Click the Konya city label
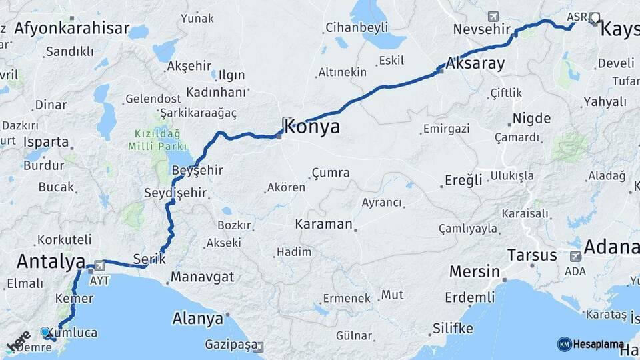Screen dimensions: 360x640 coord(311,127)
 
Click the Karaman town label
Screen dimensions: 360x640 coord(323,224)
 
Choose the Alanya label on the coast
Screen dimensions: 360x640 coord(197,319)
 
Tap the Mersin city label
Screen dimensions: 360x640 coord(474,271)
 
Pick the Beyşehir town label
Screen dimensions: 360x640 coord(197,171)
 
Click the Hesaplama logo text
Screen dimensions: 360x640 coord(598,344)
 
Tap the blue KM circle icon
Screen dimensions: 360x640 coord(564,344)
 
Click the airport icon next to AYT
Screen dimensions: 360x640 coord(100,264)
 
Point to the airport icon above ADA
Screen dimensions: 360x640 coord(575,256)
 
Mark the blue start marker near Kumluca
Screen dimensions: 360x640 coord(45,331)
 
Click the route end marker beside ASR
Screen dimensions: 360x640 coord(595,18)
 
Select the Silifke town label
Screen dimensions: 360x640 coord(453,328)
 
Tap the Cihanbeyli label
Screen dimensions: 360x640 coord(357,28)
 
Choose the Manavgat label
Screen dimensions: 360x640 coord(202,276)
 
